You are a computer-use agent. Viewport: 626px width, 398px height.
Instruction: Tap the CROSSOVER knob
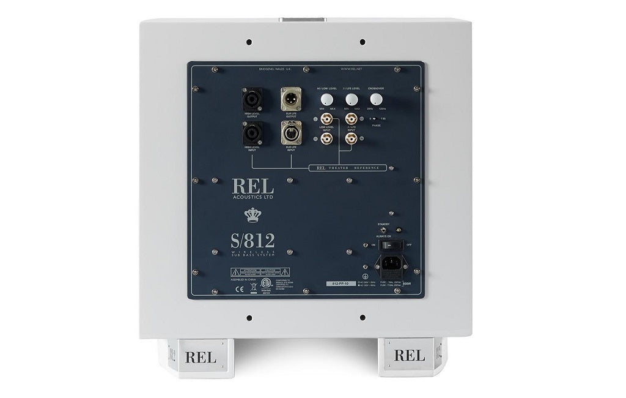(x=375, y=99)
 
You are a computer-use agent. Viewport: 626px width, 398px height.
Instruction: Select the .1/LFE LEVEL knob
(x=351, y=99)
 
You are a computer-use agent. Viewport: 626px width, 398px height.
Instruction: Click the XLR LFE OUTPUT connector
(x=290, y=99)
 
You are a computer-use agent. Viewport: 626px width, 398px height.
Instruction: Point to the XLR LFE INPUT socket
(x=290, y=132)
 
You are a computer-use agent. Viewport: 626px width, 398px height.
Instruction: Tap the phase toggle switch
(x=374, y=118)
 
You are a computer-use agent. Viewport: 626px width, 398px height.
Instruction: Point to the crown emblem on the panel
(x=252, y=214)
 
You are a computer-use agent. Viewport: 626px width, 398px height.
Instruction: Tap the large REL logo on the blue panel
(x=252, y=185)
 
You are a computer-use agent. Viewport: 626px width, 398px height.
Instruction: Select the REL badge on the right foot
(x=409, y=355)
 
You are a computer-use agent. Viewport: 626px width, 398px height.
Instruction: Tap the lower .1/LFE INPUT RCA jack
(x=351, y=139)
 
